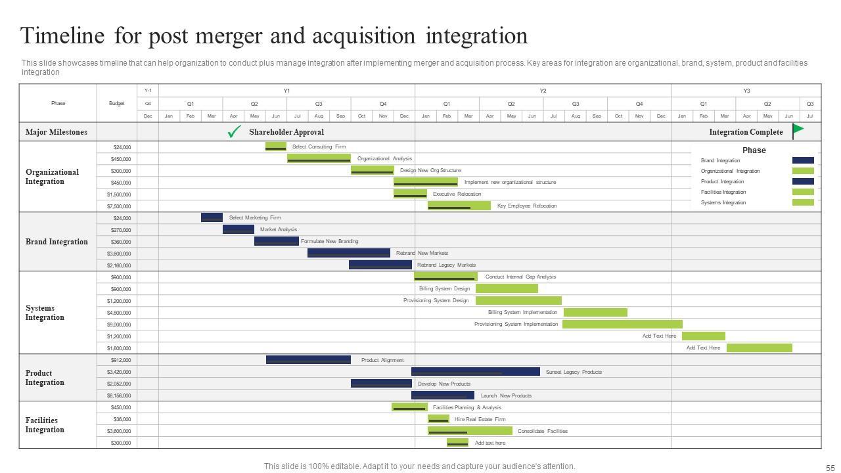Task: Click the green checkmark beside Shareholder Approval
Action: click(x=234, y=132)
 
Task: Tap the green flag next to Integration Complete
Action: click(x=798, y=131)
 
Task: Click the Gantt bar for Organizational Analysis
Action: click(x=319, y=158)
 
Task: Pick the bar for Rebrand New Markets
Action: click(x=348, y=253)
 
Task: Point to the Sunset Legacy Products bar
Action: click(x=475, y=372)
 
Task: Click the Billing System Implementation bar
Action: click(x=595, y=313)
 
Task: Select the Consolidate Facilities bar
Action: click(x=470, y=431)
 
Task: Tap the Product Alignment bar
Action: click(x=308, y=360)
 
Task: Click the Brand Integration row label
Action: click(x=57, y=242)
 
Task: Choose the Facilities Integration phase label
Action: click(x=45, y=425)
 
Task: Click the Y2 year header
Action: click(x=543, y=91)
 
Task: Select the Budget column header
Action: click(x=116, y=103)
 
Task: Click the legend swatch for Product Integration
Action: click(x=803, y=181)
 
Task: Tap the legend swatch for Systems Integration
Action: click(x=803, y=202)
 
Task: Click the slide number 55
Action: click(x=829, y=468)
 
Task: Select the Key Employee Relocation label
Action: click(x=526, y=206)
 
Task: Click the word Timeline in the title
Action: click(x=62, y=35)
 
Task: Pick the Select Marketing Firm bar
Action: click(x=212, y=217)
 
